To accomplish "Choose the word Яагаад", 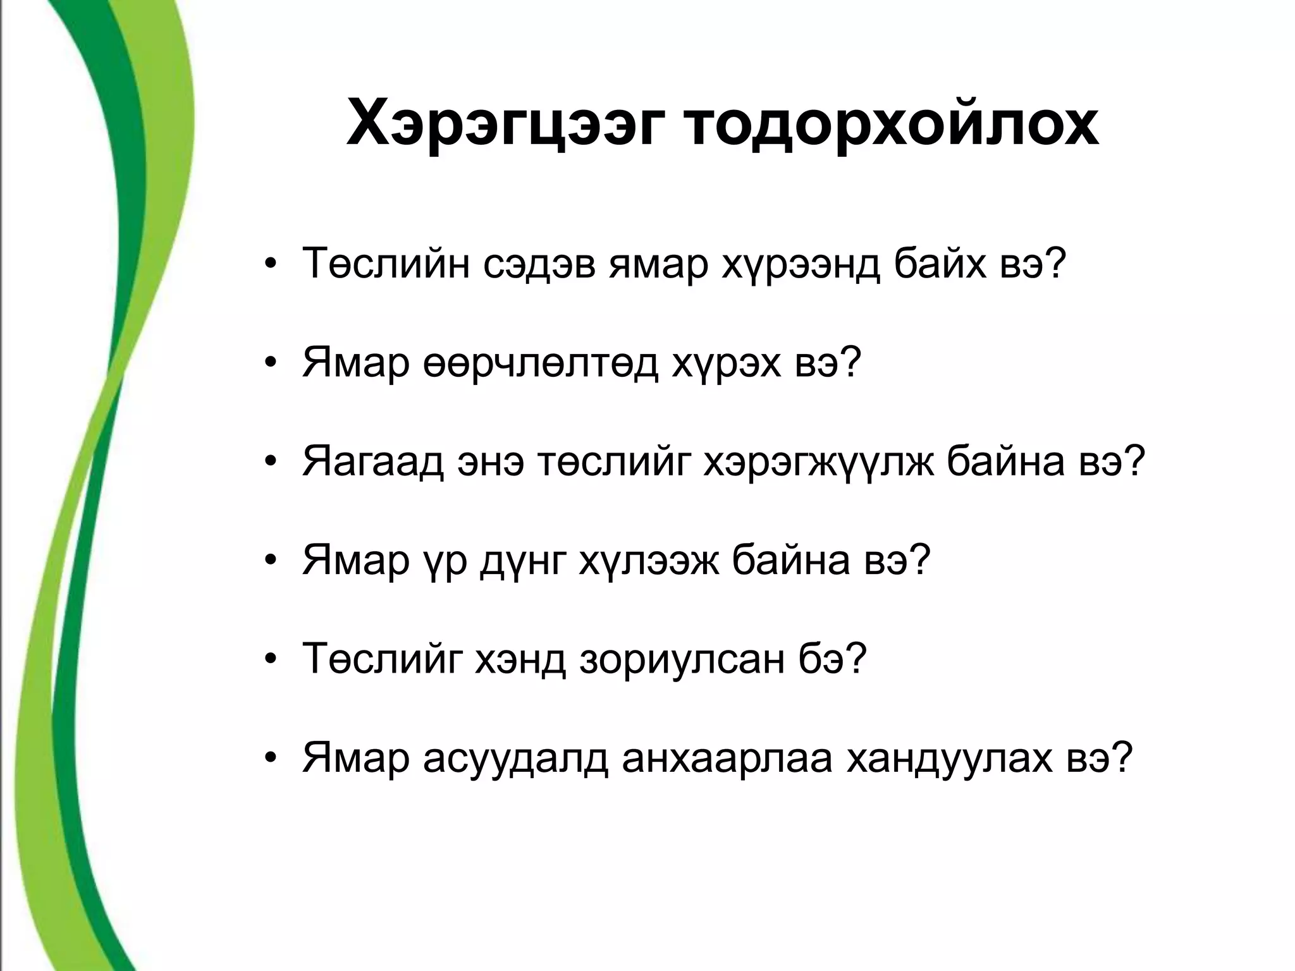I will [x=374, y=462].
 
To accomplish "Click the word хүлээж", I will [x=648, y=561].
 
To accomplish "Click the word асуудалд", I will [x=515, y=758].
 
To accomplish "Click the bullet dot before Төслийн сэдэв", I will [x=271, y=266].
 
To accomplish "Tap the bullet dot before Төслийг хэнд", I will [x=271, y=661].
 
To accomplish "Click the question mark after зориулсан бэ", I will [x=854, y=659].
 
